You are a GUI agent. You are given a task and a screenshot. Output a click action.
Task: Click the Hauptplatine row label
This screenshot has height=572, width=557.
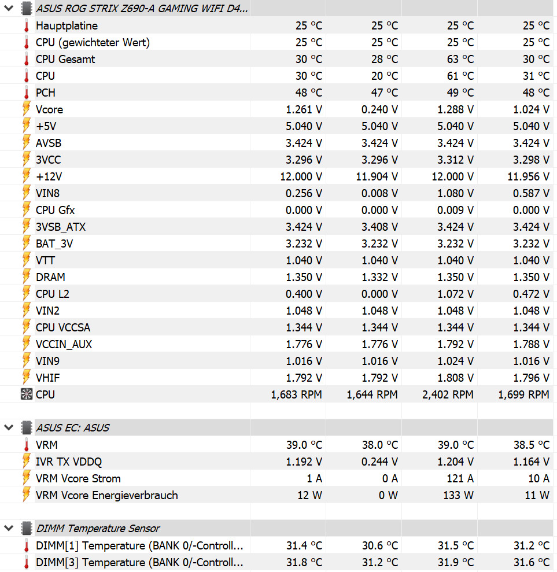(x=67, y=25)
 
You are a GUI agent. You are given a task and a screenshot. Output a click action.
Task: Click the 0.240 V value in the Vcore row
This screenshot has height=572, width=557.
(x=379, y=109)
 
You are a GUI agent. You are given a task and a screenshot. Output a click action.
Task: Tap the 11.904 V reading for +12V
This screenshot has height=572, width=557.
(x=377, y=176)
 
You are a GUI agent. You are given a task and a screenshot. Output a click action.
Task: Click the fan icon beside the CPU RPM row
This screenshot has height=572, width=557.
(x=26, y=394)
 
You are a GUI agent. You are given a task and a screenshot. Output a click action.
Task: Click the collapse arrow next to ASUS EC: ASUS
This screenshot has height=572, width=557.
(x=9, y=428)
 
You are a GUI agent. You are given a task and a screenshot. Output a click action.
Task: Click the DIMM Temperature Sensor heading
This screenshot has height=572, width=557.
(x=98, y=528)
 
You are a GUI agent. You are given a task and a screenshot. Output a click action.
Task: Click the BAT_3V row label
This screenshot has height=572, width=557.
(x=54, y=243)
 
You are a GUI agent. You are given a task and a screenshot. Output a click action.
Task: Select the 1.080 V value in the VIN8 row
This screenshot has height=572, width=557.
(x=455, y=193)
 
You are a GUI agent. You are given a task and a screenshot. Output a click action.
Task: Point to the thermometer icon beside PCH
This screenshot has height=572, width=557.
(x=26, y=93)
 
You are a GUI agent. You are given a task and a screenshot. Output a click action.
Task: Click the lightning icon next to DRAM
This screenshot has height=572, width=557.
(x=26, y=277)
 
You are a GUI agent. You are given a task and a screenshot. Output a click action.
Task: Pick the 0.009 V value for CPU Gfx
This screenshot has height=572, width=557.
(x=455, y=210)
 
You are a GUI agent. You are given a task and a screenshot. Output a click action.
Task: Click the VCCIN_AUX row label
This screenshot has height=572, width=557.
(x=64, y=344)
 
